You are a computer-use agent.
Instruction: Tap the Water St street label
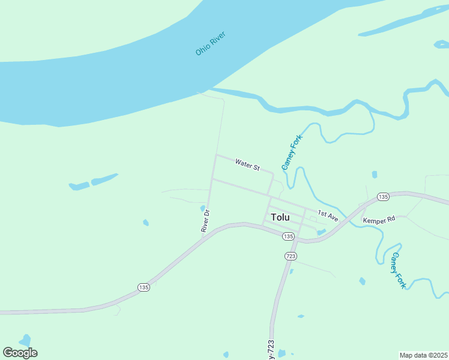[x=247, y=164]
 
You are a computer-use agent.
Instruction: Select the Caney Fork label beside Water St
[x=292, y=152]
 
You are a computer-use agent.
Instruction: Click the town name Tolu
[x=280, y=217]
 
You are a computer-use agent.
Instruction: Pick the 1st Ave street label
[x=328, y=216]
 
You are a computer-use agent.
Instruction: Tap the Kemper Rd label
[x=379, y=220]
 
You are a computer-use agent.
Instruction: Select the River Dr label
[x=205, y=221]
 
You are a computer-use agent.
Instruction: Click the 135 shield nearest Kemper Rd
[x=384, y=197]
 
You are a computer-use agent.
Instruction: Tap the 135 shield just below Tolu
[x=289, y=236]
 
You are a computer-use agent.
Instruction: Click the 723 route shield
[x=291, y=256]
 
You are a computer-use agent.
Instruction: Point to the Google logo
[x=20, y=353]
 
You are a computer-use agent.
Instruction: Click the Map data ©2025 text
[x=423, y=355]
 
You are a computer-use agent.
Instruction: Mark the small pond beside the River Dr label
[x=202, y=209]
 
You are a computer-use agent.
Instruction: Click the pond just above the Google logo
[x=25, y=340]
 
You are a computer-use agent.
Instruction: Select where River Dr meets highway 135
[x=203, y=236]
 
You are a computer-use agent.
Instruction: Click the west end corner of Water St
[x=216, y=155]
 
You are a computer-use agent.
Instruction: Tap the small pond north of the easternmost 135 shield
[x=375, y=175]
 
